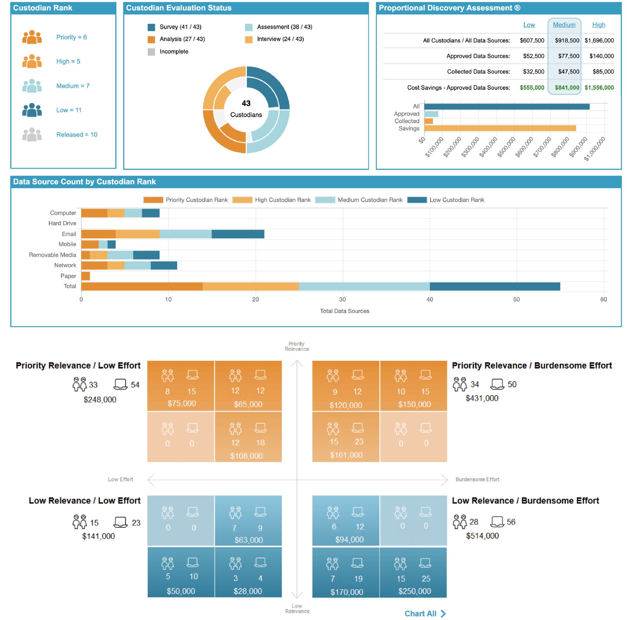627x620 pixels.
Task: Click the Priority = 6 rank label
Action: [71, 37]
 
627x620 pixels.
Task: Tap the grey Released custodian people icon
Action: [32, 134]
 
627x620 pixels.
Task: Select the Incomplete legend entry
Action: [173, 52]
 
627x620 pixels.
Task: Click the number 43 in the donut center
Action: [246, 104]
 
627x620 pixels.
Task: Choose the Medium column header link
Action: [564, 25]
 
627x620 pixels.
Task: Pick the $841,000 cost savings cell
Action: [567, 88]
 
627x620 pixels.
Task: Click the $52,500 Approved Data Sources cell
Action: [533, 56]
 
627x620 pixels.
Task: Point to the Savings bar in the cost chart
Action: [500, 128]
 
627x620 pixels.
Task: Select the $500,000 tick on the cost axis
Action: [506, 147]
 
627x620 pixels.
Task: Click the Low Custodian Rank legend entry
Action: [456, 200]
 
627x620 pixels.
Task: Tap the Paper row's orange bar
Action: [86, 276]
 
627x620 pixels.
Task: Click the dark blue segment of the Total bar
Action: [494, 286]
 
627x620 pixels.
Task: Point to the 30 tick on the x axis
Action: [342, 300]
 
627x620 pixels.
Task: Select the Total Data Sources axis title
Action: [344, 311]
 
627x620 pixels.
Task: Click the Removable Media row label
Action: [53, 255]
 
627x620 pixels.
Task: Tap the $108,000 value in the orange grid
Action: [246, 456]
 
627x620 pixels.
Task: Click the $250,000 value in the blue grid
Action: [414, 591]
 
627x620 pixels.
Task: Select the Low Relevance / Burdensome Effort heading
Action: [525, 500]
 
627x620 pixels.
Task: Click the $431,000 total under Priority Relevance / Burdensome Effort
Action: [482, 398]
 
